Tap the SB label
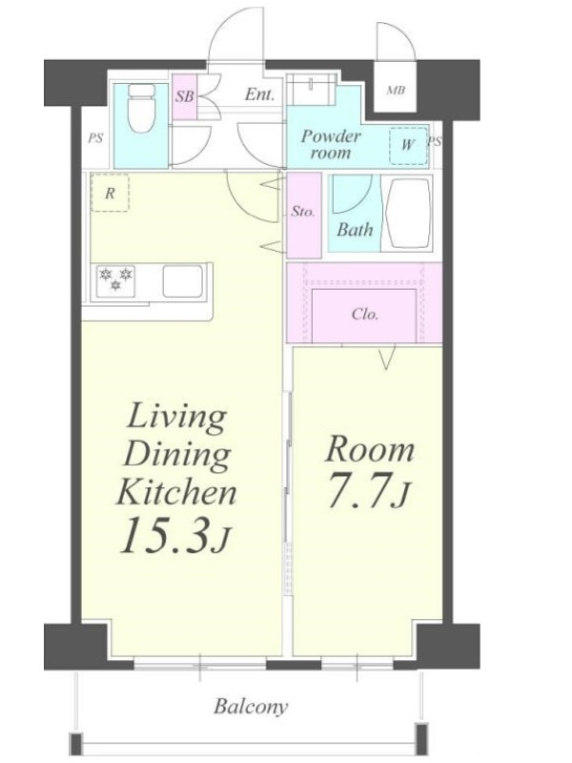pyautogui.click(x=184, y=96)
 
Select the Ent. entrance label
pyautogui.click(x=259, y=93)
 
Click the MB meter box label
pyautogui.click(x=396, y=90)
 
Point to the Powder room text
pyautogui.click(x=331, y=145)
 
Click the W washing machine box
pyautogui.click(x=409, y=146)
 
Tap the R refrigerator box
pyautogui.click(x=110, y=193)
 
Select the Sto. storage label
pyautogui.click(x=303, y=212)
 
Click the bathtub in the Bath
pyautogui.click(x=408, y=214)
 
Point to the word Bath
pyautogui.click(x=355, y=229)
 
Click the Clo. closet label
pyautogui.click(x=365, y=315)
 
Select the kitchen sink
pyautogui.click(x=183, y=280)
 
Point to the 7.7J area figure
pyautogui.click(x=369, y=491)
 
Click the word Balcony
pyautogui.click(x=251, y=706)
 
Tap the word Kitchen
pyautogui.click(x=176, y=492)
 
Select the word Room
pyautogui.click(x=370, y=449)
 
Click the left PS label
pyautogui.click(x=95, y=138)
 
